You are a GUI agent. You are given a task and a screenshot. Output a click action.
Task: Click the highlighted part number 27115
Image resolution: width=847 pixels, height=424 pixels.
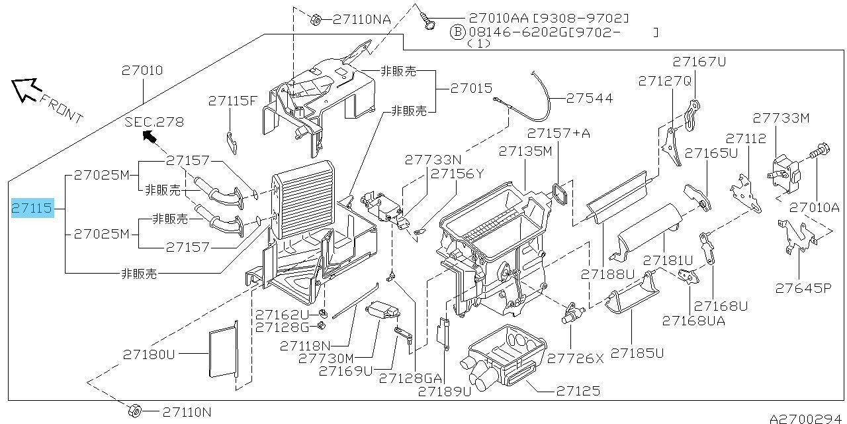point(31,209)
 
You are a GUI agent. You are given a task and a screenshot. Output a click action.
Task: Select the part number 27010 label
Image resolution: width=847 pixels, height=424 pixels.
point(142,70)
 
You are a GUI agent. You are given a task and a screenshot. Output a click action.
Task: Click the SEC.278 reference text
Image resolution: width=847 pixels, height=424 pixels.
point(154,122)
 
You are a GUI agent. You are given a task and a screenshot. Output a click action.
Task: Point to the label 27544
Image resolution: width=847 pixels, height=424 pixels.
point(589,98)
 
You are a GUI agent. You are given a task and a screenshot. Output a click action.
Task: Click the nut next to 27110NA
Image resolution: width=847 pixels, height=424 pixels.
point(316,19)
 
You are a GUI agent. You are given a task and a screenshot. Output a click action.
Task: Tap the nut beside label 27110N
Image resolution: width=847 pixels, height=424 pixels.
point(134,411)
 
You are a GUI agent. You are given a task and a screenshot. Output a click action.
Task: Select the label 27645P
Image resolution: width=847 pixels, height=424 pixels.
point(803,288)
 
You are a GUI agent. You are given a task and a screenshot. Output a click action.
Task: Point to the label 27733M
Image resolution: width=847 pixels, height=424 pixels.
point(781,118)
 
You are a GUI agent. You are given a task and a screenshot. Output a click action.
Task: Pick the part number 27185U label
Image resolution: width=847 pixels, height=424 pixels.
point(637,353)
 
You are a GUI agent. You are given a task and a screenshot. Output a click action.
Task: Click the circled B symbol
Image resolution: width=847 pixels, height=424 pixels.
point(457,31)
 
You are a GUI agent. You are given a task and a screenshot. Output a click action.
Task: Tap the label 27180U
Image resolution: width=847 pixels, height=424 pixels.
point(149,354)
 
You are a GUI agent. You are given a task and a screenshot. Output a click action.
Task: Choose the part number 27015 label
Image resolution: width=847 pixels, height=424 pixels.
point(471,87)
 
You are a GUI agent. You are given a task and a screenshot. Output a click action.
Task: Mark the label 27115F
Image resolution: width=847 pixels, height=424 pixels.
point(232,101)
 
